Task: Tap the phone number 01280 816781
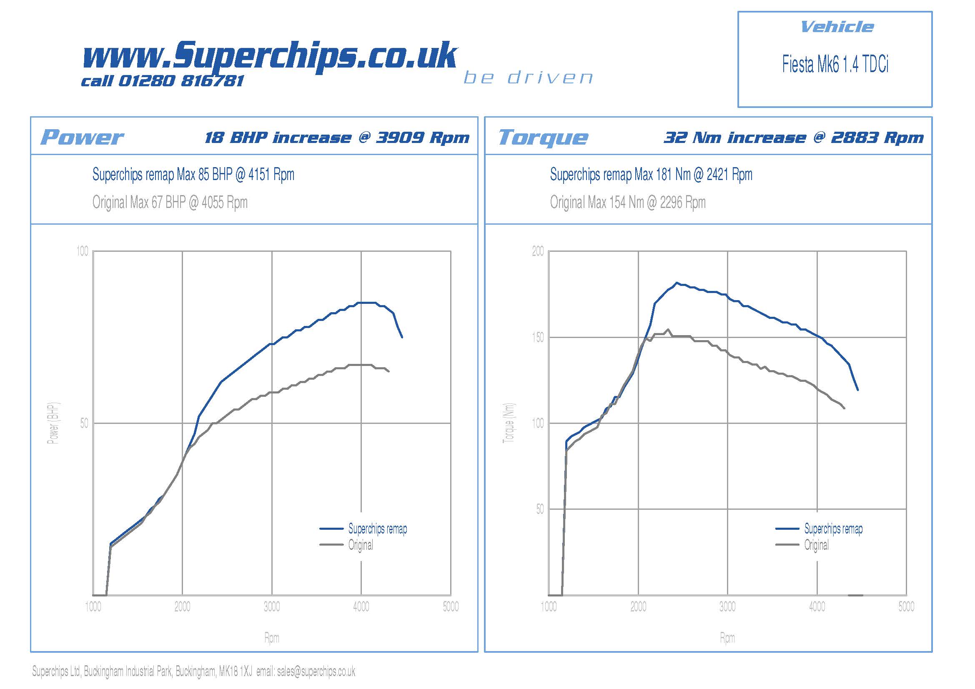181,81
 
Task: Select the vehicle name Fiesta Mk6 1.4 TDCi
835,65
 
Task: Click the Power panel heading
82,137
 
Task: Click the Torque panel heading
543,137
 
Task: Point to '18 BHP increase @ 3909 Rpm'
337,138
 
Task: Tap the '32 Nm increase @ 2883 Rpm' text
793,138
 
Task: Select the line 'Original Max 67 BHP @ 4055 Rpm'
170,203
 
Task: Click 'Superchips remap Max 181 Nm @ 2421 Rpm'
651,175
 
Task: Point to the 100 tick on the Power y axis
83,251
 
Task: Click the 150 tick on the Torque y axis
538,338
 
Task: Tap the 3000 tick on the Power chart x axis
272,606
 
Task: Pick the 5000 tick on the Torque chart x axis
906,606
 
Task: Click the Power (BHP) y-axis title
53,423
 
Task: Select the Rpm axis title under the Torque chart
727,638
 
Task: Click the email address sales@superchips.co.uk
316,671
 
